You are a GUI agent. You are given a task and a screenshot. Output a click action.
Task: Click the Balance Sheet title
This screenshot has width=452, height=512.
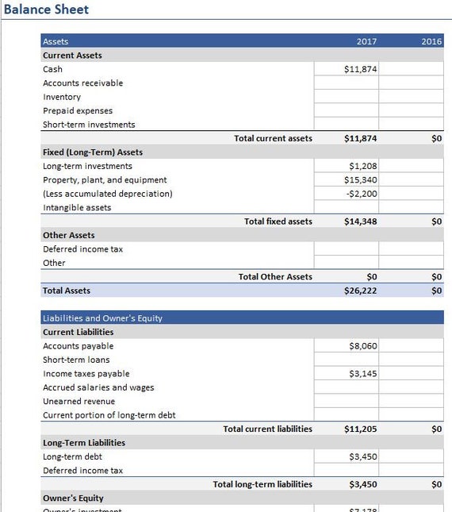pyautogui.click(x=46, y=10)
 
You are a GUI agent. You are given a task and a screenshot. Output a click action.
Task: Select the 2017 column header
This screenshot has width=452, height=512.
pyautogui.click(x=366, y=41)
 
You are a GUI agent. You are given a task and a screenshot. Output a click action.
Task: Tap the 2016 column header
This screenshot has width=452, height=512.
pyautogui.click(x=431, y=41)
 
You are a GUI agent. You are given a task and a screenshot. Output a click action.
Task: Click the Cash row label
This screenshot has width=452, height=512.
pyautogui.click(x=52, y=69)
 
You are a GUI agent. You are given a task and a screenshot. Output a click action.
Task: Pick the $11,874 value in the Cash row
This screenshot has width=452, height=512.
pyautogui.click(x=361, y=69)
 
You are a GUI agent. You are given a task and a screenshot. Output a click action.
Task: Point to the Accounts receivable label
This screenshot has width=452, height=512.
pyautogui.click(x=82, y=83)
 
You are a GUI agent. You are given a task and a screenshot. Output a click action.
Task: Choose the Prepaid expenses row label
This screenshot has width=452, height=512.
pyautogui.click(x=78, y=111)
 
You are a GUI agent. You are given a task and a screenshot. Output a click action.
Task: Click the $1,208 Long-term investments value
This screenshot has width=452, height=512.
pyautogui.click(x=362, y=167)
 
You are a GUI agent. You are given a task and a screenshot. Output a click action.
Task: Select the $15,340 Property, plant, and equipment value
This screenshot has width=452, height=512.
pyautogui.click(x=361, y=180)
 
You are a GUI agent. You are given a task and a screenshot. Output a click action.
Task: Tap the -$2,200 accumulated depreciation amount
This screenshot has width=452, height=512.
pyautogui.click(x=362, y=194)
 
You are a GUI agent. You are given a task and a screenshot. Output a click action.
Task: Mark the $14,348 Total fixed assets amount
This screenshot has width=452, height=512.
pyautogui.click(x=361, y=221)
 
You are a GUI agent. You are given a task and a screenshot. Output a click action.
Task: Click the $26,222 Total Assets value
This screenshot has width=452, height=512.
pyautogui.click(x=361, y=291)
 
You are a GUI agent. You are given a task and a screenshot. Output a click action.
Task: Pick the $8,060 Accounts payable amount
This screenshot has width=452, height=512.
pyautogui.click(x=362, y=346)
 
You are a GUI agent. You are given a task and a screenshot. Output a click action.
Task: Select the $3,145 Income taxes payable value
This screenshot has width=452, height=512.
pyautogui.click(x=362, y=374)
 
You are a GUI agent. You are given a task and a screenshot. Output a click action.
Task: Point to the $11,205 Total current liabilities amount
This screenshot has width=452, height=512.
pyautogui.click(x=361, y=429)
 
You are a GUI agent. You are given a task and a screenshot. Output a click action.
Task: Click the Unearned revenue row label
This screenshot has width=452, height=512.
pyautogui.click(x=79, y=402)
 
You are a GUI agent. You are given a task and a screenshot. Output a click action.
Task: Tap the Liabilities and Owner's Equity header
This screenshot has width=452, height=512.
pyautogui.click(x=102, y=318)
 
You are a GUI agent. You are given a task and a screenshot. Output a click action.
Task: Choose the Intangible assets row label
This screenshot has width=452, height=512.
pyautogui.click(x=77, y=208)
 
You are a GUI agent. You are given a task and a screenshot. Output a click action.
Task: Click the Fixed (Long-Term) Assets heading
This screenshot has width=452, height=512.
pyautogui.click(x=93, y=152)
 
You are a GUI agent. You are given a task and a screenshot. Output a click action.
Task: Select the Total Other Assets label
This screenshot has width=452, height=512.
pyautogui.click(x=275, y=277)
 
